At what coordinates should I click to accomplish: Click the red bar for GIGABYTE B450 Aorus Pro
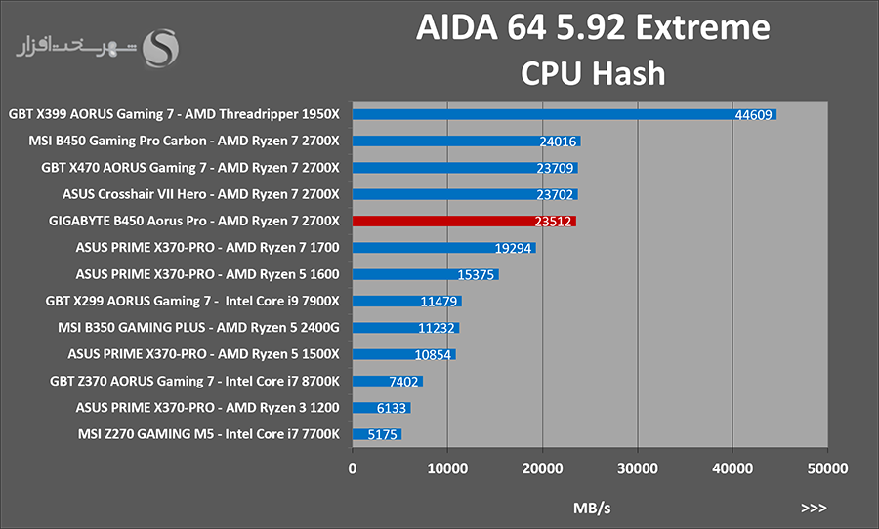pos(464,222)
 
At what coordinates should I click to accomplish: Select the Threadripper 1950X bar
pos(565,114)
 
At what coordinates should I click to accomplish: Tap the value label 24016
pos(558,142)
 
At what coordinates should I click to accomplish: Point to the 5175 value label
pos(382,434)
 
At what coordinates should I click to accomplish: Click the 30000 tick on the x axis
pos(638,468)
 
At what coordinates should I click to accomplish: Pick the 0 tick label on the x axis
pos(352,468)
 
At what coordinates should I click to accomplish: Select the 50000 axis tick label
pos(827,468)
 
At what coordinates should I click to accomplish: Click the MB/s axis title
pos(592,508)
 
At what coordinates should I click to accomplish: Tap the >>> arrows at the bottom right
pos(814,508)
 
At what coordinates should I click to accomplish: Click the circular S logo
pos(160,48)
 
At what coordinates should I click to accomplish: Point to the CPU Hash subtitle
pos(593,73)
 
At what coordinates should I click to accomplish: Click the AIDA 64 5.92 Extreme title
pos(593,27)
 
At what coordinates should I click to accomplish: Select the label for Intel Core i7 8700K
pos(194,381)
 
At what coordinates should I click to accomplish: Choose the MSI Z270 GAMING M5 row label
pos(209,434)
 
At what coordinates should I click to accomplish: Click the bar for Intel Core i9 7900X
pos(407,302)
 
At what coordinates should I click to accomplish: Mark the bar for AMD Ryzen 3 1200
pos(382,408)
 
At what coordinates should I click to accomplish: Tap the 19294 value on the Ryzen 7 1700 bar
pos(513,248)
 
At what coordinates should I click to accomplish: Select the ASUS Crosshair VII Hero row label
pos(200,194)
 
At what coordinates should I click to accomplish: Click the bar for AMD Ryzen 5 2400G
pos(406,328)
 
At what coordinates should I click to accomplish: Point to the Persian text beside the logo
pos(76,47)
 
